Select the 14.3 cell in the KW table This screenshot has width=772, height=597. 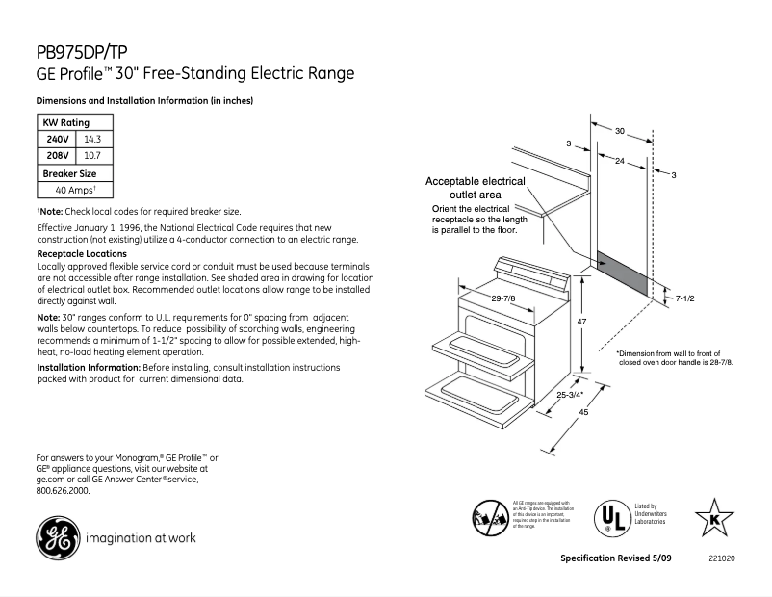(x=92, y=139)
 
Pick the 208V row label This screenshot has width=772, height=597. (x=57, y=154)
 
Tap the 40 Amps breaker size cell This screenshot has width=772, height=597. (x=75, y=190)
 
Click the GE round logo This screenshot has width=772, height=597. (x=57, y=537)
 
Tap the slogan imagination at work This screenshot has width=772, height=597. (x=141, y=537)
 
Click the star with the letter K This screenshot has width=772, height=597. (x=714, y=518)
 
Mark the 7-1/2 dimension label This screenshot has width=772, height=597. (x=685, y=299)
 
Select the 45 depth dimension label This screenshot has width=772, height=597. (x=583, y=412)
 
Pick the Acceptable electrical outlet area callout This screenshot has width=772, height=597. (x=476, y=188)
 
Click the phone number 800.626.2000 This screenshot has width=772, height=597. (x=63, y=490)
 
